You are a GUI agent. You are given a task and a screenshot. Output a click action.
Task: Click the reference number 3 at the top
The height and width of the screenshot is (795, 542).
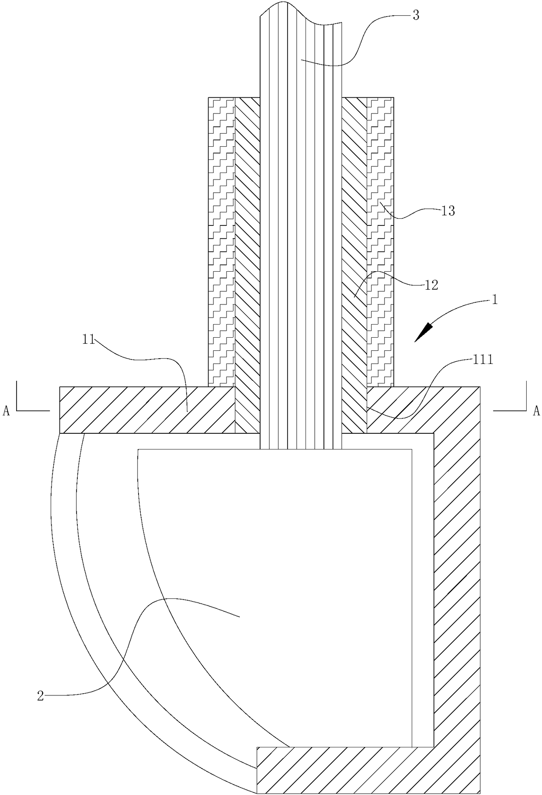coord(416,16)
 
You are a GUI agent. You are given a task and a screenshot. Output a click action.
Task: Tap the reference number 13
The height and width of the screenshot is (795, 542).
coord(448,211)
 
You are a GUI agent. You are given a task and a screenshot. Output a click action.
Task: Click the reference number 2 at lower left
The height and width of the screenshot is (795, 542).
coord(40,696)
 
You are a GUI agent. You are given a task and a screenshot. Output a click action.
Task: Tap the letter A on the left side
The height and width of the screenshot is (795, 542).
coord(6,411)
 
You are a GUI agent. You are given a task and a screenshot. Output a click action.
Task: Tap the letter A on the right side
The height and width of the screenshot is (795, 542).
coord(536,410)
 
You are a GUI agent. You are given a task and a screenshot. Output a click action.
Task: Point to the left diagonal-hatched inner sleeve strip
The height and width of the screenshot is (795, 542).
coord(247,262)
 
